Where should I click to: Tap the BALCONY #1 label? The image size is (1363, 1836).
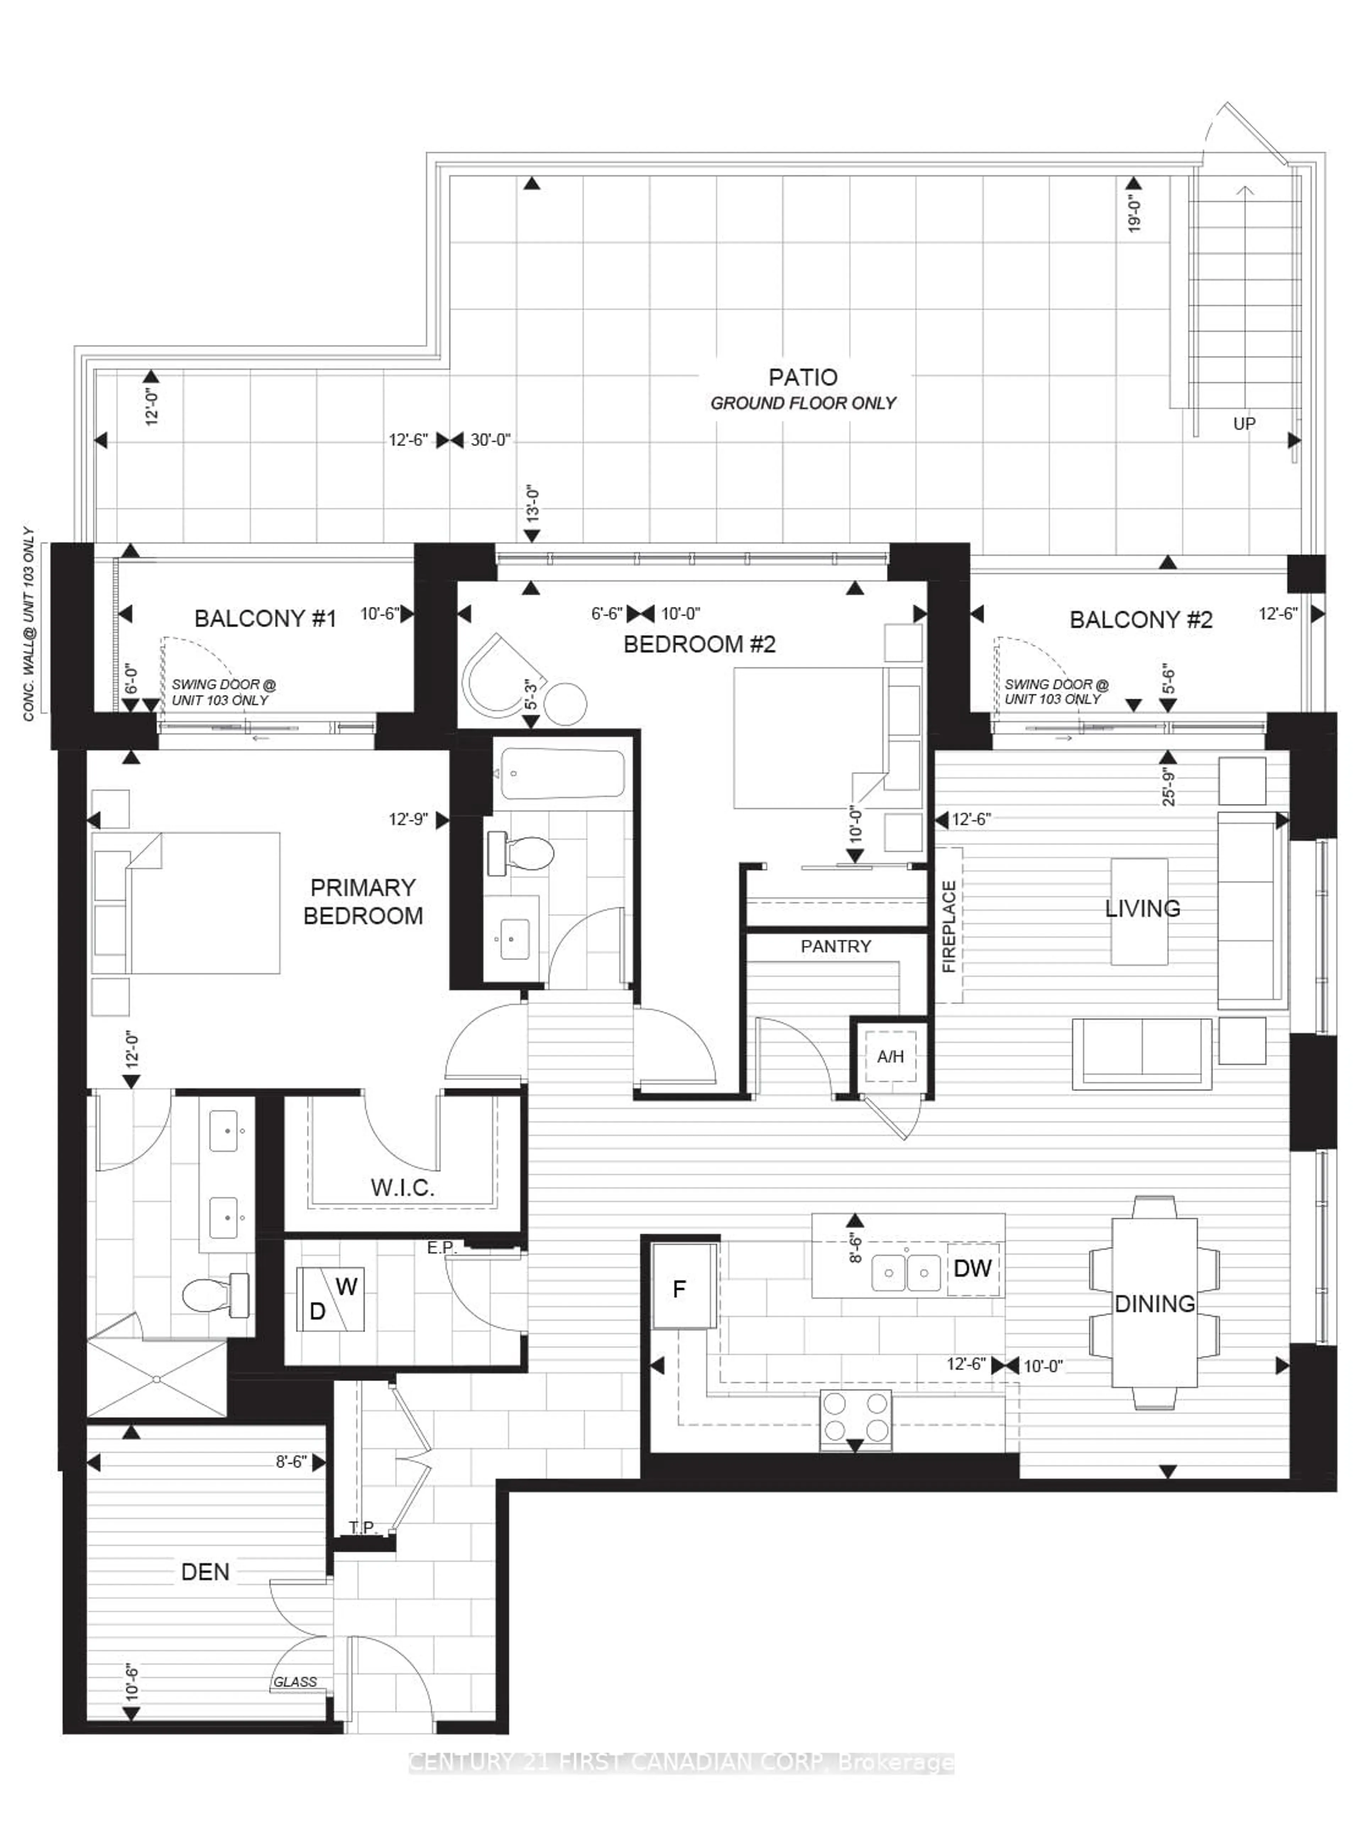(x=265, y=619)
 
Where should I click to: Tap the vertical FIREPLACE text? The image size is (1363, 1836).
(x=949, y=926)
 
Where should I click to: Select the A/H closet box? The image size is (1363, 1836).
(x=890, y=1056)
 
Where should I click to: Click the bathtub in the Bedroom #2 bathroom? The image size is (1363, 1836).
(x=563, y=773)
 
